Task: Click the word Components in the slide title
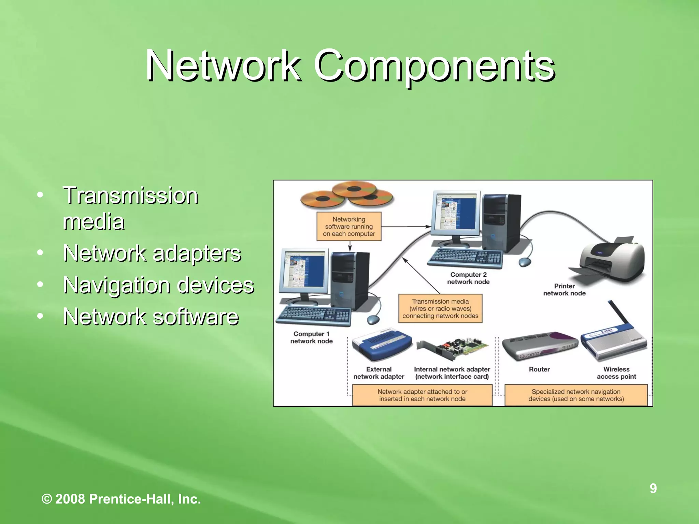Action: tap(433, 65)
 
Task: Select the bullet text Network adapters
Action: tap(152, 253)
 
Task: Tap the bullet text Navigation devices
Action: tap(158, 285)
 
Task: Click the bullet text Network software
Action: tap(151, 317)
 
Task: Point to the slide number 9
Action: tap(653, 489)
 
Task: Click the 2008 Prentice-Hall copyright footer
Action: tap(121, 499)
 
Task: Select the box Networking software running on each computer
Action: tap(348, 227)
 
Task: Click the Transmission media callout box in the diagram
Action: tap(440, 308)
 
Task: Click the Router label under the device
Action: tap(539, 369)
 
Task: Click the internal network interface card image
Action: tap(452, 348)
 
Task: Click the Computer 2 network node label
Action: tap(468, 278)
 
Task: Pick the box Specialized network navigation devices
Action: tap(576, 395)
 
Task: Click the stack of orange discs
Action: tap(346, 195)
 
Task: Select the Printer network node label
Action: tap(564, 289)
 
